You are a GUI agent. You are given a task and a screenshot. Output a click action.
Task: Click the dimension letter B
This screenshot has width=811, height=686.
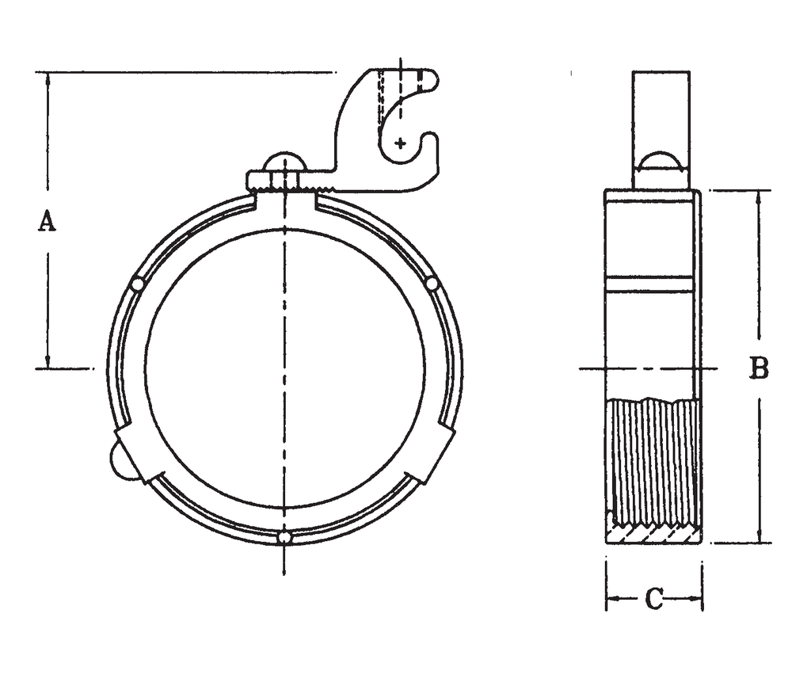click(759, 368)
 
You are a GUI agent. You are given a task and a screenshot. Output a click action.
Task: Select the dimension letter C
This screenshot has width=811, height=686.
click(653, 599)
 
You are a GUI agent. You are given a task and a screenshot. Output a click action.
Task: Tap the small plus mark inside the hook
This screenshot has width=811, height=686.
click(401, 143)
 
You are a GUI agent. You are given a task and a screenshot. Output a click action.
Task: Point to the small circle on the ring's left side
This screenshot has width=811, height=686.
click(138, 284)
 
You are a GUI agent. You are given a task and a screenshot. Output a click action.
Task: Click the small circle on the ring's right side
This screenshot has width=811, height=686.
click(432, 283)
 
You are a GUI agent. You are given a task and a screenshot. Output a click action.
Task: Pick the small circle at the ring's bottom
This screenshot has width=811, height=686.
click(284, 538)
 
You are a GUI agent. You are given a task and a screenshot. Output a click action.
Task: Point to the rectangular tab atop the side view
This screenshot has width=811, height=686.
click(661, 111)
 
